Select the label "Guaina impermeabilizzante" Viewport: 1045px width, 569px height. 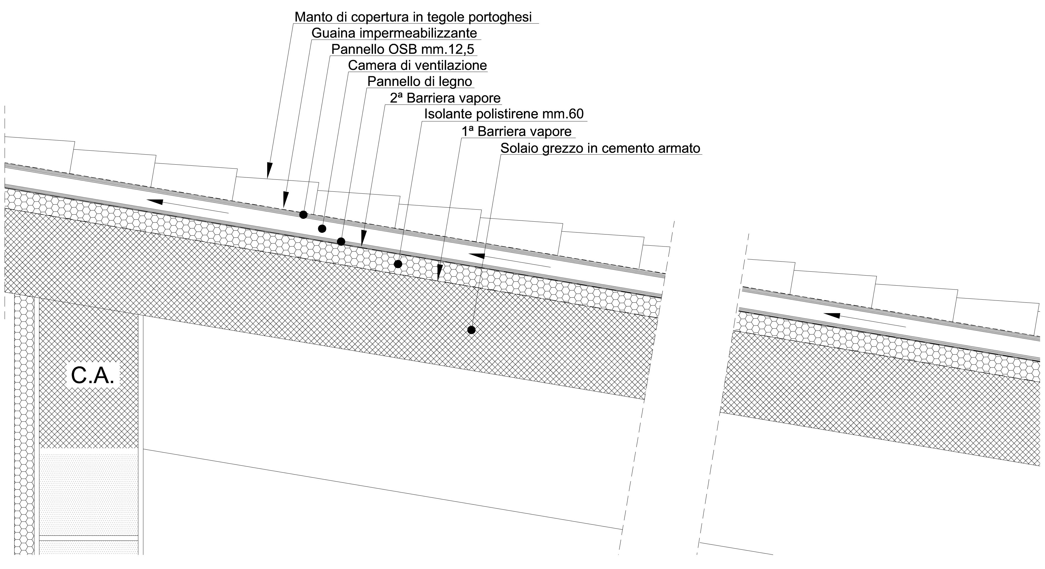[394, 33]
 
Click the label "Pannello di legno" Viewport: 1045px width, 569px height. [419, 82]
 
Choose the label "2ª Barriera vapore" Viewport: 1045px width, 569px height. [445, 98]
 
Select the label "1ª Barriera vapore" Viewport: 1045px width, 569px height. [516, 132]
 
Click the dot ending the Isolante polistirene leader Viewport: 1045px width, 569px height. [398, 264]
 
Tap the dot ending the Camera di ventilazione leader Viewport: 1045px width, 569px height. [322, 229]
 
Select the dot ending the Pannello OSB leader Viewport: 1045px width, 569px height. [303, 215]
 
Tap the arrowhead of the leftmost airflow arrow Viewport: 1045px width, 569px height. [154, 201]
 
